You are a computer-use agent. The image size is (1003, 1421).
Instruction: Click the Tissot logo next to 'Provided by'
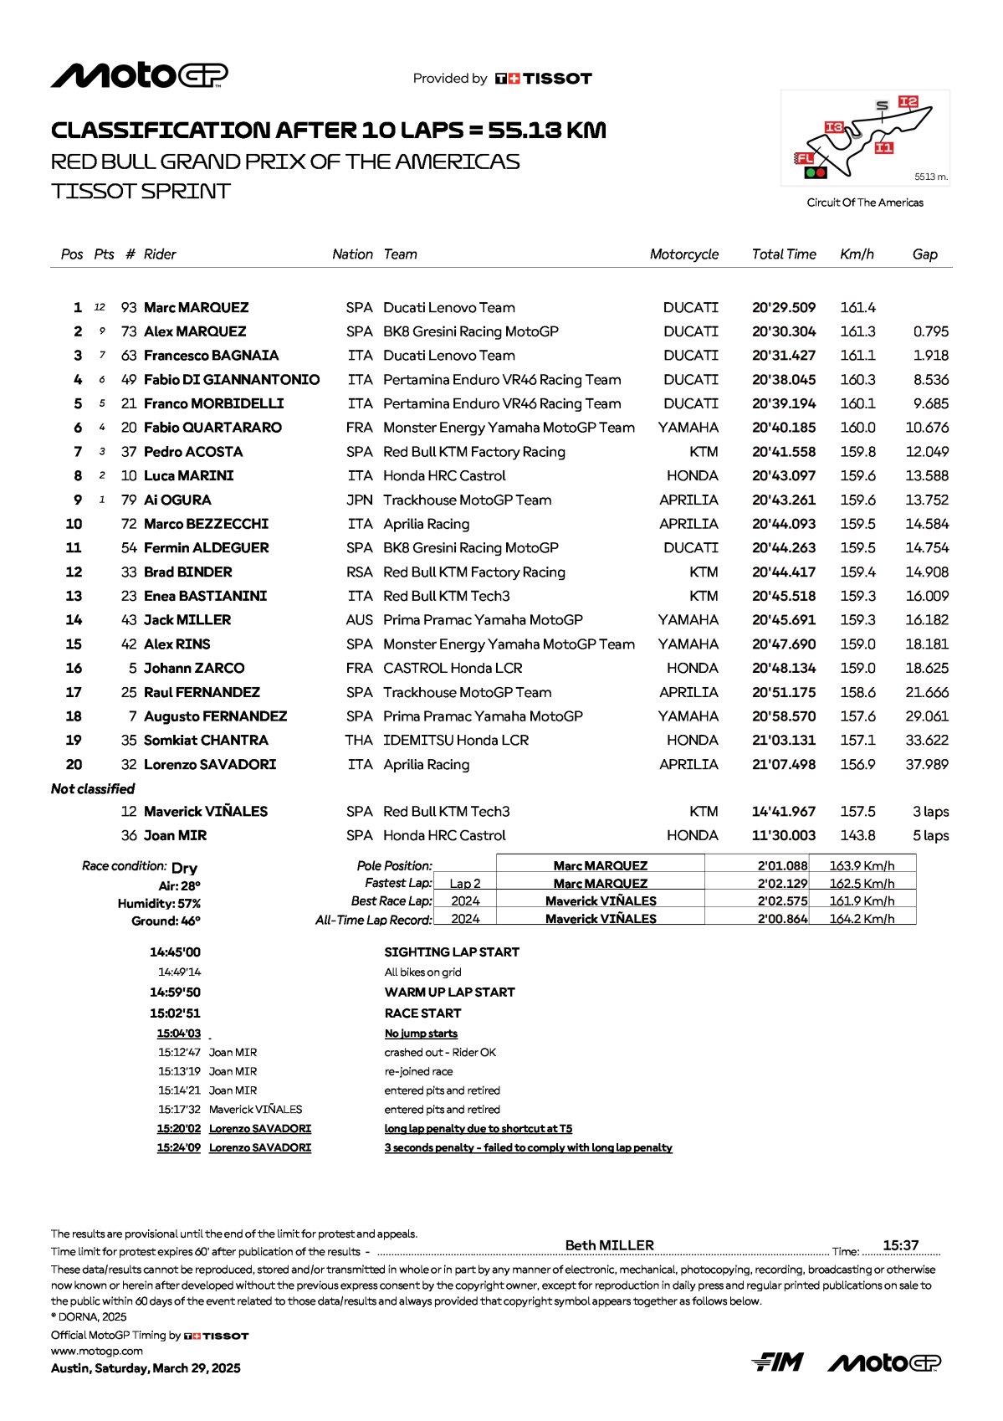[x=544, y=79]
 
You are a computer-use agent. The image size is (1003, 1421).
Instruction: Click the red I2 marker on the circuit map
[x=908, y=102]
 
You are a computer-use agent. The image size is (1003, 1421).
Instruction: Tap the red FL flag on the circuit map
[x=804, y=158]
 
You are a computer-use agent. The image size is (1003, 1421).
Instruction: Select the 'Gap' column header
[x=924, y=254]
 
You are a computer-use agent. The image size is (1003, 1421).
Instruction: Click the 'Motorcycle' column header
[x=683, y=254]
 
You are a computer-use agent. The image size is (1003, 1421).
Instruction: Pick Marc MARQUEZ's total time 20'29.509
[x=783, y=308]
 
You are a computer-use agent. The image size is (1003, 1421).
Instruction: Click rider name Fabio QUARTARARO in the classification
[x=212, y=428]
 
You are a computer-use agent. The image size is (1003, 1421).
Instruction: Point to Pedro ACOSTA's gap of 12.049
[x=927, y=452]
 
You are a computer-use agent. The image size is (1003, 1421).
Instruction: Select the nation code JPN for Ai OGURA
[x=360, y=500]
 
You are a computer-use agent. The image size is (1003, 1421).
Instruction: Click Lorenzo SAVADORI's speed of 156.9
[x=857, y=765]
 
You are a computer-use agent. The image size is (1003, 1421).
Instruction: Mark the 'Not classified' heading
[x=93, y=789]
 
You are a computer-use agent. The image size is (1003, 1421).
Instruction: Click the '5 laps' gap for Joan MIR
[x=930, y=836]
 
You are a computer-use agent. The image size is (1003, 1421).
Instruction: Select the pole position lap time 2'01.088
[x=782, y=866]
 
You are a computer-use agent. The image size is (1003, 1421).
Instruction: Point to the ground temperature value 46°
[x=191, y=921]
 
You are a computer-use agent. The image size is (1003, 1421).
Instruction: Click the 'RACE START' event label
[x=422, y=1013]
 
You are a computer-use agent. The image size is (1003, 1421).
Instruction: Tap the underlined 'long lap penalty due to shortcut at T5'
[x=478, y=1129]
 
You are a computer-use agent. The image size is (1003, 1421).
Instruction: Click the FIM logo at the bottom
[x=777, y=1362]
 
